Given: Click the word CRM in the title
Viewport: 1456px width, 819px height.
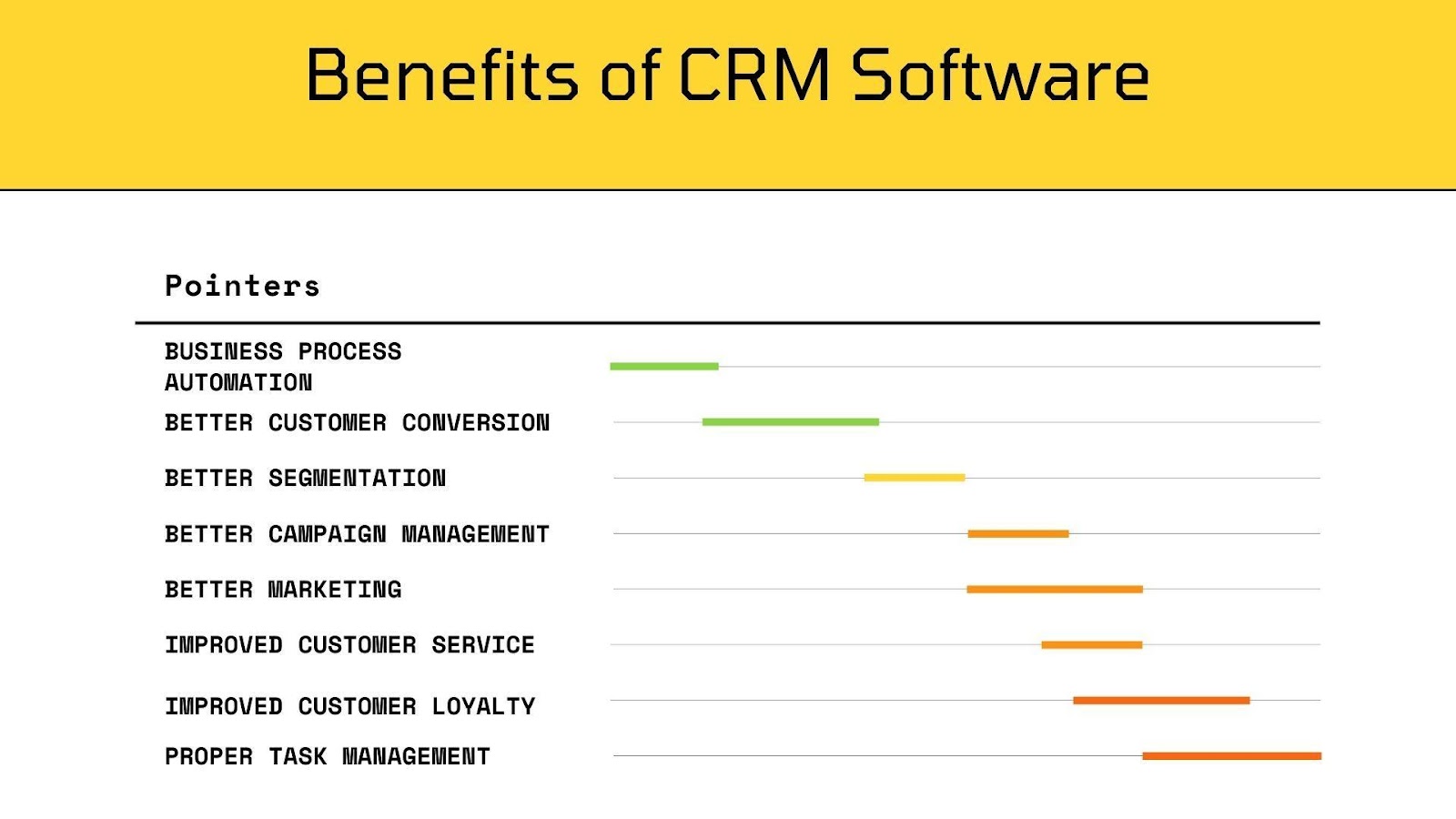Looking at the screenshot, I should (x=754, y=75).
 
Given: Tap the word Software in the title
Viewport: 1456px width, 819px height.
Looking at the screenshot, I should (x=1000, y=75).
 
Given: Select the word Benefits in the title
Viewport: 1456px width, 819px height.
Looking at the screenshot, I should (x=442, y=75).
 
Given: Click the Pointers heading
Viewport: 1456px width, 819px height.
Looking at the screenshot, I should (x=242, y=286).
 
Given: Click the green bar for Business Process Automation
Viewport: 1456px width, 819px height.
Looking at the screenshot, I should (x=664, y=367).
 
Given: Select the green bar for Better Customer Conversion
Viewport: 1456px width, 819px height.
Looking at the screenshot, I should (x=790, y=422).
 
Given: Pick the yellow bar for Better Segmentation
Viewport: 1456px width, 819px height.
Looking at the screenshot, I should (x=915, y=478).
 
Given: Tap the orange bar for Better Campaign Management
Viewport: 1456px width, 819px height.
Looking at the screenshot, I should (x=1018, y=534).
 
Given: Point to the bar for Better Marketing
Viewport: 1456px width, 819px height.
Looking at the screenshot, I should (x=1055, y=590).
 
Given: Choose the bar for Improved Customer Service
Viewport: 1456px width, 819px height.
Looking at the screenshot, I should (x=1092, y=645).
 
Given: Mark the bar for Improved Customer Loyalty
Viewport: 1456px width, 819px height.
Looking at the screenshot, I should (x=1161, y=701).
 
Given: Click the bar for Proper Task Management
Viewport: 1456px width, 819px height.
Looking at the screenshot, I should (x=1231, y=756).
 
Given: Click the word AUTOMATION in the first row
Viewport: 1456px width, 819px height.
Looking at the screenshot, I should (x=238, y=383).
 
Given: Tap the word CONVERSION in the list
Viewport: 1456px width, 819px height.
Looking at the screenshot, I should (x=476, y=423).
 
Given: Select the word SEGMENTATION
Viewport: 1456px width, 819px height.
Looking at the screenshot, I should (x=357, y=479).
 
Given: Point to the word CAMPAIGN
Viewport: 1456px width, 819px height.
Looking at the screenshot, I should (x=327, y=534).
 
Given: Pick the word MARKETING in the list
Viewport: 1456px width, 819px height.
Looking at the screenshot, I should (x=335, y=590).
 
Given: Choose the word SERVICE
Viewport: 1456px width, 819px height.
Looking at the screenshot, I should (x=483, y=645).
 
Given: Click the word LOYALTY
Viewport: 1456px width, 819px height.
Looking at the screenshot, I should (x=484, y=706).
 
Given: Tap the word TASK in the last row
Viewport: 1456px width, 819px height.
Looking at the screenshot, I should (x=298, y=756).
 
